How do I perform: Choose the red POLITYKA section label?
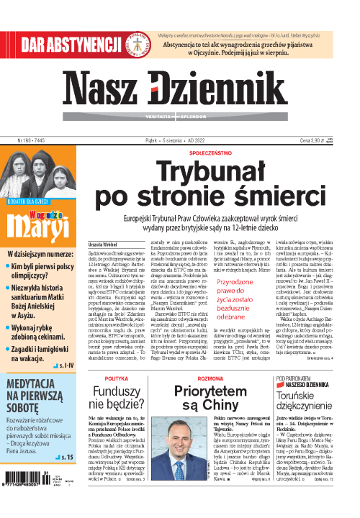click(116, 378)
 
